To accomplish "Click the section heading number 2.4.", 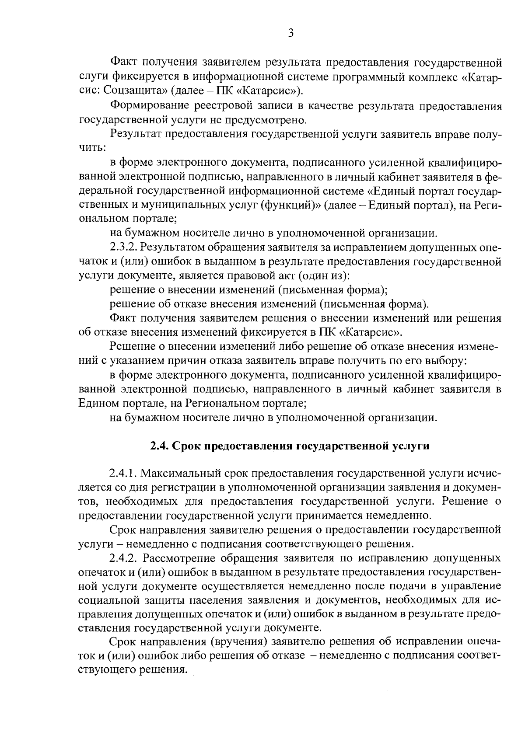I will (x=159, y=446).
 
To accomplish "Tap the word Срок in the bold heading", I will (x=186, y=446).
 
